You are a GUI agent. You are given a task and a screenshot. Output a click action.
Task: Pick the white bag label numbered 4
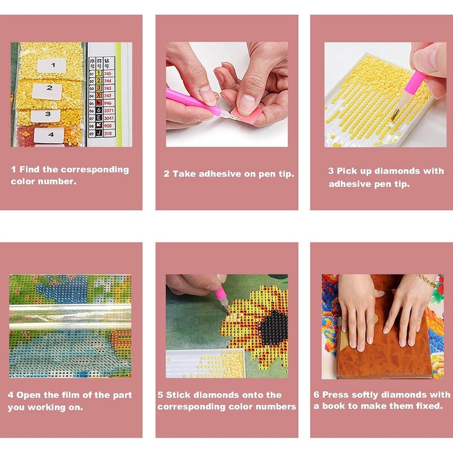pyautogui.click(x=49, y=135)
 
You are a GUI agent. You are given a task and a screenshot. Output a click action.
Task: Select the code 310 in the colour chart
pyautogui.click(x=108, y=134)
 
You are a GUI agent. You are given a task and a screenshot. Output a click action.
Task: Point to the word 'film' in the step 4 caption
pyautogui.click(x=70, y=395)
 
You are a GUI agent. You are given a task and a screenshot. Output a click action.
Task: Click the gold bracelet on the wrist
pyautogui.click(x=427, y=279)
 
